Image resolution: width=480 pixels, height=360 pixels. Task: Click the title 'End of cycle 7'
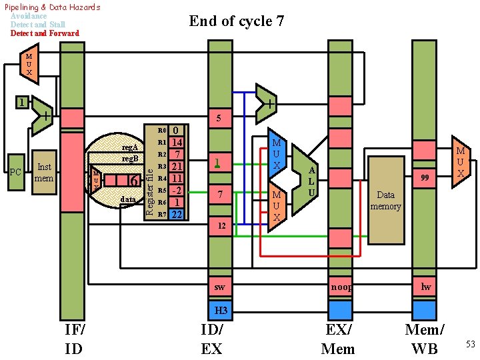pyautogui.click(x=237, y=21)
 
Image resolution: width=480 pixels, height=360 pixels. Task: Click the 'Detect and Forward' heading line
pyautogui.click(x=45, y=33)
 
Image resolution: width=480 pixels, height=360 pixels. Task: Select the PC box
pyautogui.click(x=16, y=173)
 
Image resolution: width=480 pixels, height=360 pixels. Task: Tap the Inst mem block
pyautogui.click(x=44, y=173)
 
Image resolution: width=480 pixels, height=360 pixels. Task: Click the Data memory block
pyautogui.click(x=385, y=200)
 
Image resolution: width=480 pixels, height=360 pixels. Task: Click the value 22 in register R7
pyautogui.click(x=177, y=214)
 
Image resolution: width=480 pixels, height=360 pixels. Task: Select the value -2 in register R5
pyautogui.click(x=177, y=190)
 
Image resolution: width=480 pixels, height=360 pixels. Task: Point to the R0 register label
pyautogui.click(x=161, y=131)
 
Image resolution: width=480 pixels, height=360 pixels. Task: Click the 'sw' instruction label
pyautogui.click(x=220, y=287)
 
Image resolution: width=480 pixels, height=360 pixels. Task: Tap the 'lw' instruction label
pyautogui.click(x=425, y=287)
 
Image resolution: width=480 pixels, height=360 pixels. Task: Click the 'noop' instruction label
pyautogui.click(x=341, y=287)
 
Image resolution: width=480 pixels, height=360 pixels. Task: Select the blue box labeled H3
pyautogui.click(x=221, y=311)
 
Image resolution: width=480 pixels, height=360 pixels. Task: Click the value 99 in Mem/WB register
pyautogui.click(x=425, y=177)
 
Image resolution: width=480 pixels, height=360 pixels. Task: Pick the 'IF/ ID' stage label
pyautogui.click(x=74, y=339)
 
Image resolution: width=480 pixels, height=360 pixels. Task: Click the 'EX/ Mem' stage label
pyautogui.click(x=338, y=339)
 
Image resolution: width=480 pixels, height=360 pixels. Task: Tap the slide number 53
pyautogui.click(x=470, y=344)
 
